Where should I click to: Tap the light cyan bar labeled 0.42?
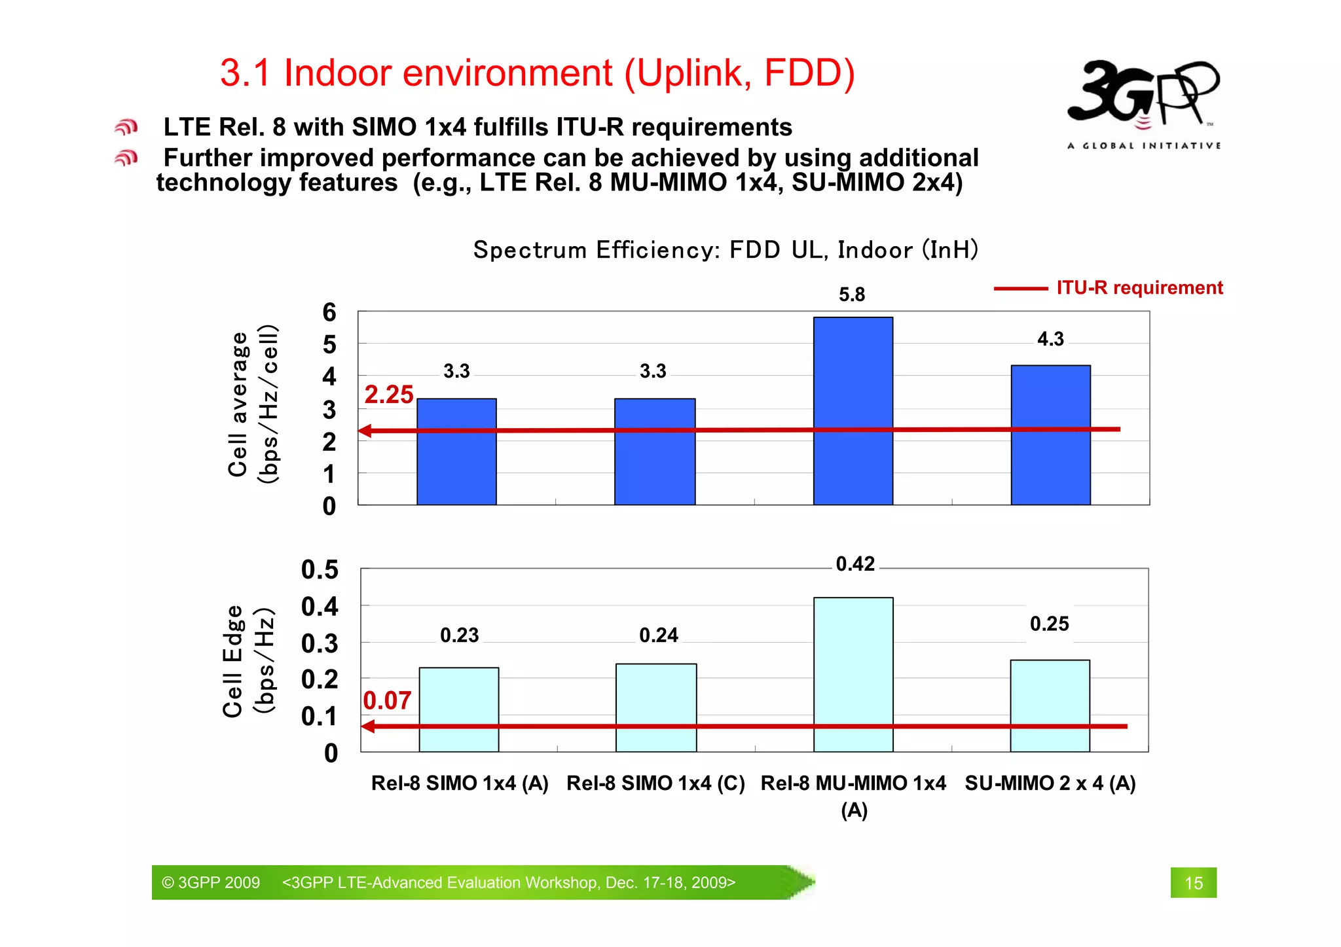853,674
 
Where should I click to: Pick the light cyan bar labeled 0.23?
458,709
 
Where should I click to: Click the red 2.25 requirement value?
388,395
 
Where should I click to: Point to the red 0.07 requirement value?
387,701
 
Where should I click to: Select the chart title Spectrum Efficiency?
725,250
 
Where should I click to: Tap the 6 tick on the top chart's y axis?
329,312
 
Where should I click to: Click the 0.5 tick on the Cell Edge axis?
320,569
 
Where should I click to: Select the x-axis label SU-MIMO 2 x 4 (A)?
1050,783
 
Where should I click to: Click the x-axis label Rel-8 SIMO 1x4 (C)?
655,783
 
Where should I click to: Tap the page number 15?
1193,883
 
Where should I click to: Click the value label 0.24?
658,635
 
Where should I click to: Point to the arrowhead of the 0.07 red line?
368,726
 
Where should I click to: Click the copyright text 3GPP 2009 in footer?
211,883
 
